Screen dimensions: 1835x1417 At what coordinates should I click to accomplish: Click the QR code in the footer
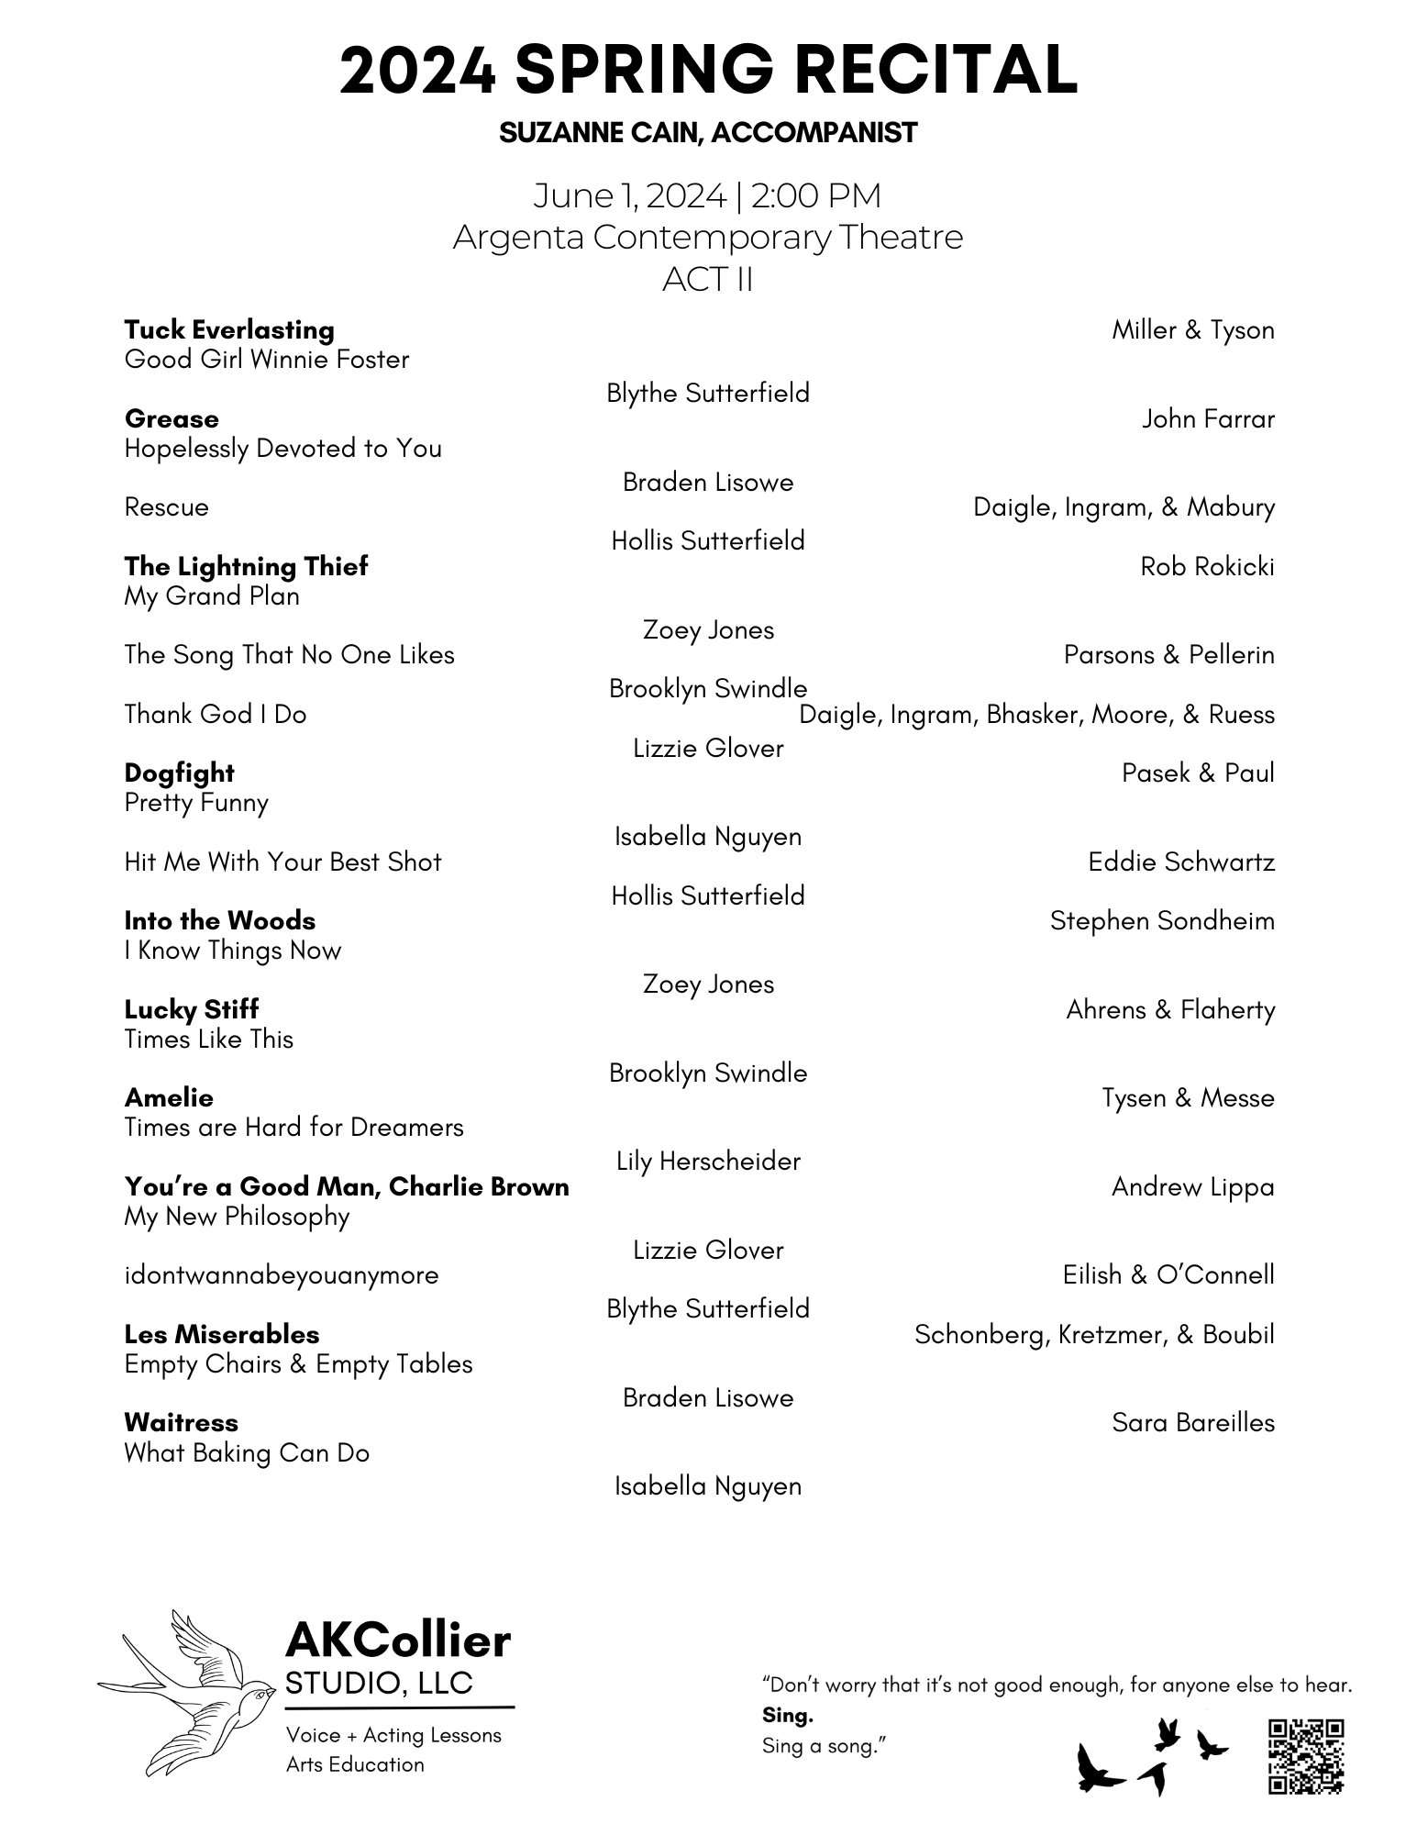1306,1756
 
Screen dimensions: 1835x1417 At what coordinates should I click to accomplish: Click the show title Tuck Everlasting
229,330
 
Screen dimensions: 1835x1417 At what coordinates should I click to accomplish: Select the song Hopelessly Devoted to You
282,449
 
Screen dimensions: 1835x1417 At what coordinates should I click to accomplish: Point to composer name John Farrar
1208,419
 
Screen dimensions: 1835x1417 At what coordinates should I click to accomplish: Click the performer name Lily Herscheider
708,1162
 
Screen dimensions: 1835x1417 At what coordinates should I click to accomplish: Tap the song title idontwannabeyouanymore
282,1275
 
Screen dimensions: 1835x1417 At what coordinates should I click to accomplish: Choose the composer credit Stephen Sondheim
1162,921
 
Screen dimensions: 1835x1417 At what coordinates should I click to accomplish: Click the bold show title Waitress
181,1423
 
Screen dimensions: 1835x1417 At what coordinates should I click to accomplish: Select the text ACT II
708,279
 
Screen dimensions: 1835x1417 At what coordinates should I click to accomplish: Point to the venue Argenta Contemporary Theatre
708,238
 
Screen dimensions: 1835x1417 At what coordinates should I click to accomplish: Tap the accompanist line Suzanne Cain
708,133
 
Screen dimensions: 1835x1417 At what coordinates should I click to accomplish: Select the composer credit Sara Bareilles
1193,1423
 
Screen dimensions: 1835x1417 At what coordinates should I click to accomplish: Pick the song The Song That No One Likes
289,655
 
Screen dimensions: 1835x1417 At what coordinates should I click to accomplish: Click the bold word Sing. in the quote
788,1715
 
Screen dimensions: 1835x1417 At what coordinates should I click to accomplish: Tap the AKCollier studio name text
398,1641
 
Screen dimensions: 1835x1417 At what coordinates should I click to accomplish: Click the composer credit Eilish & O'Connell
1168,1275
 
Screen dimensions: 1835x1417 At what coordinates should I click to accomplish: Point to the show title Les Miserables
222,1335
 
